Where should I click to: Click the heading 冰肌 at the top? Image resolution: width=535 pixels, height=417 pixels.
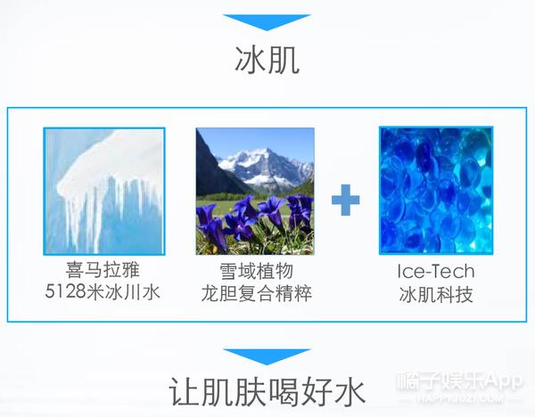tap(267, 61)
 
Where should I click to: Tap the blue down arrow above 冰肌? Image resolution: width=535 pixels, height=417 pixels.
tap(267, 21)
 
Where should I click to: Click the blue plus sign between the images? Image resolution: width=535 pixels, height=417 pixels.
tap(345, 200)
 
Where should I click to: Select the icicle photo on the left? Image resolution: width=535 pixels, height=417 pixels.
tap(104, 190)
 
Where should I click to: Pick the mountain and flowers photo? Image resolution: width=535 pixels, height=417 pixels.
tap(254, 190)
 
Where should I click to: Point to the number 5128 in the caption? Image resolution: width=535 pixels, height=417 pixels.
tap(68, 292)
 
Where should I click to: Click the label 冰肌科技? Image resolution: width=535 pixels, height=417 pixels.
tap(436, 292)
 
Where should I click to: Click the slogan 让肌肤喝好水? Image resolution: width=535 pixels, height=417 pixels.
tap(267, 393)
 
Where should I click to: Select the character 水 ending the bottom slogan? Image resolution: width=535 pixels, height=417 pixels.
tap(350, 393)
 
